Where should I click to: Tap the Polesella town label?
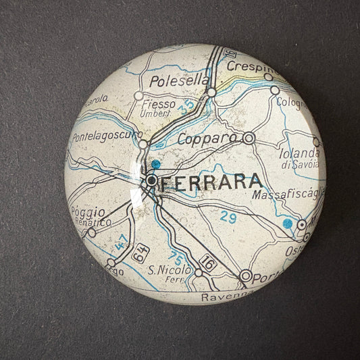coord(170,81)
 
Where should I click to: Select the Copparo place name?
coord(208,138)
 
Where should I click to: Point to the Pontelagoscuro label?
coord(105,136)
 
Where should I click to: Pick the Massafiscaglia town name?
coord(287,195)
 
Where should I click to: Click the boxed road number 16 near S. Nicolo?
coord(209,263)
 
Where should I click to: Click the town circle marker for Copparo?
coord(249,138)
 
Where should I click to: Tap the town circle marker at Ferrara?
coord(152,180)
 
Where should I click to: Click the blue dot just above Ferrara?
coord(156,163)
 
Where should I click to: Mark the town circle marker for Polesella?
coord(211,92)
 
